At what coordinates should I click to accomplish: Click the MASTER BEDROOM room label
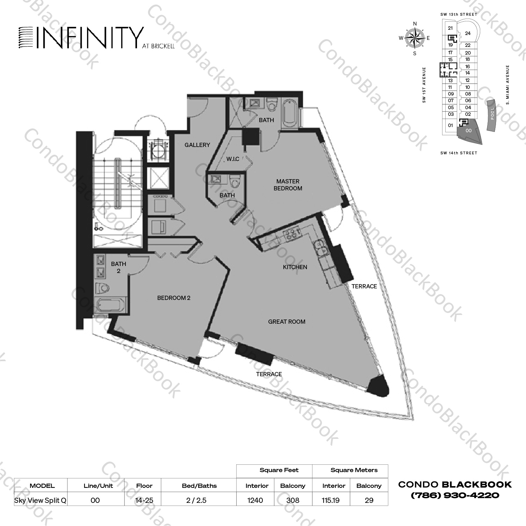tap(288, 185)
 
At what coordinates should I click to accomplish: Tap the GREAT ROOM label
tap(287, 322)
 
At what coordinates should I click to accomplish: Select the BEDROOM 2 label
tap(174, 298)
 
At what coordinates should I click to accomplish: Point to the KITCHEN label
tap(295, 267)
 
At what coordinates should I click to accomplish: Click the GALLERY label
tap(197, 145)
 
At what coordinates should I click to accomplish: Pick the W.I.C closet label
tap(233, 159)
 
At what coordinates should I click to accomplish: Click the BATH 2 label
tap(118, 267)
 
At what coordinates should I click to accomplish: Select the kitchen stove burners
tap(293, 233)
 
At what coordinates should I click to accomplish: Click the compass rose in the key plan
tap(415, 38)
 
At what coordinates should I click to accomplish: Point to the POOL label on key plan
tap(492, 113)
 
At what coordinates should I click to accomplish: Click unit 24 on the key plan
tap(468, 34)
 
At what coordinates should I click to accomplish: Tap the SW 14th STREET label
tap(459, 153)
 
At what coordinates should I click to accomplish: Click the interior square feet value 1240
tap(255, 500)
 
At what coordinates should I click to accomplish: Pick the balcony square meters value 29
tap(369, 500)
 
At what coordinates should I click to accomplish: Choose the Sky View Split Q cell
tap(40, 500)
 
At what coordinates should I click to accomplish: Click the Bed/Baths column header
tap(199, 486)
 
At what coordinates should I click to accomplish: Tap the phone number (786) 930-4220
tap(455, 495)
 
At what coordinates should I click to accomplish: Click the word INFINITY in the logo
tap(90, 37)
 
